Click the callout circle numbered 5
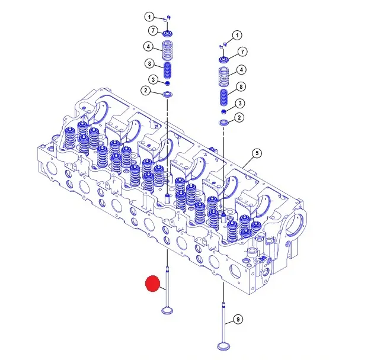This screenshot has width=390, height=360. pos(257,153)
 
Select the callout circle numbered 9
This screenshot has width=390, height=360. pos(238,319)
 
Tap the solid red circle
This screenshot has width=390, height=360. pos(152,283)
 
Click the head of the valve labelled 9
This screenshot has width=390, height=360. pos(223,346)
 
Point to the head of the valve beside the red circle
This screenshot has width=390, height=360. pos(168,310)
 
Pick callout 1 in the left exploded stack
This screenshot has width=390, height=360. pos(149,17)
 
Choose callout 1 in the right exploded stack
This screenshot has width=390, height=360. pos(237,36)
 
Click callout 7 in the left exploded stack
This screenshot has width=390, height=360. pos(153,31)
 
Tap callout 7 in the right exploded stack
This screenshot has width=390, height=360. pos(242,52)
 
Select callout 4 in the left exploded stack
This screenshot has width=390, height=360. pos(149,46)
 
